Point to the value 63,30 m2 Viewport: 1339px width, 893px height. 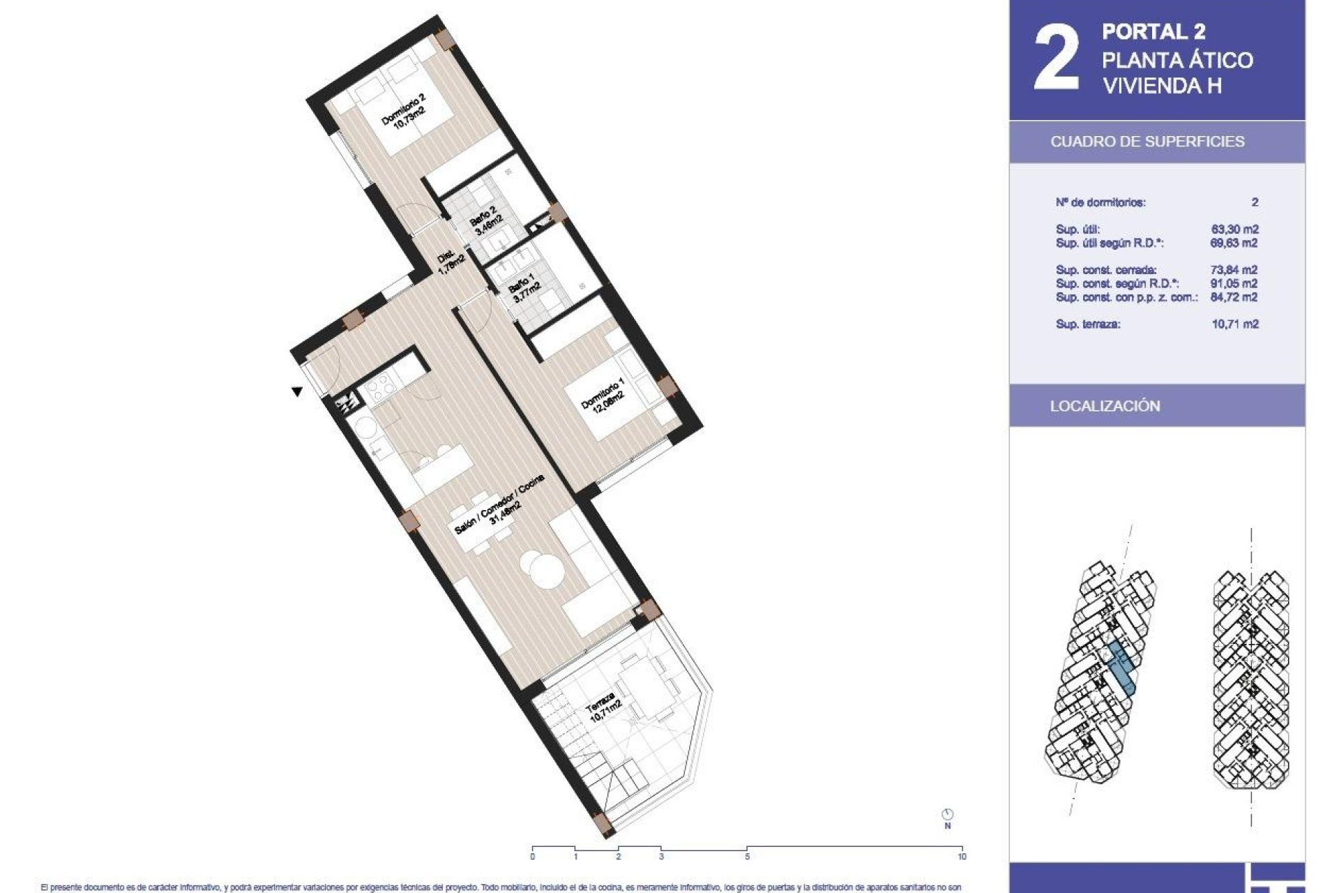[1234, 229]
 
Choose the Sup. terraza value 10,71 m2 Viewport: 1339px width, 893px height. [1234, 324]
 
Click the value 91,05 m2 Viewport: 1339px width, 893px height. [1234, 283]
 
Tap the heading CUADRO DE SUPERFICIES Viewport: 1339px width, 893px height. [1147, 142]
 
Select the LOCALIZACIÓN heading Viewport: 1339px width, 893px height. [1105, 406]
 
